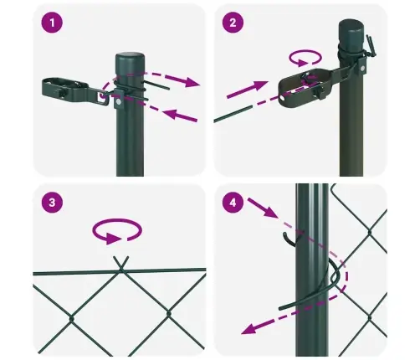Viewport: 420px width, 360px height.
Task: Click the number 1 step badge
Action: tap(54, 24)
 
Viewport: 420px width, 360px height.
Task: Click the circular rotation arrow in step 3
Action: tap(118, 231)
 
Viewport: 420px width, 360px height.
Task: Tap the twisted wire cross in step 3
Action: tap(121, 265)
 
